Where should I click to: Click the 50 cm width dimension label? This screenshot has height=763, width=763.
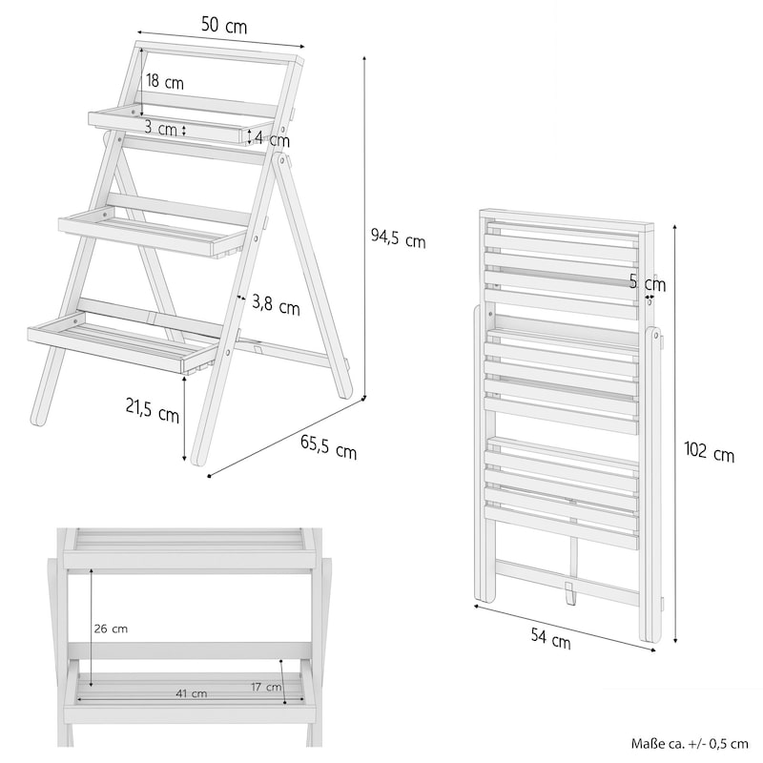point(224,26)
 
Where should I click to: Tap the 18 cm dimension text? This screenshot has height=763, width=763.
point(165,82)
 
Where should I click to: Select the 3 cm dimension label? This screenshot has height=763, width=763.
point(160,129)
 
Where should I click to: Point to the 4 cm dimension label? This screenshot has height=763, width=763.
point(272,139)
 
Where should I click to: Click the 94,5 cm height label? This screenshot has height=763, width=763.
point(398,238)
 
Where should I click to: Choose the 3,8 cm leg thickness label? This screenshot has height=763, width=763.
point(276,305)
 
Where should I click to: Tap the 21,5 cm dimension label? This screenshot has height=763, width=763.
point(153,411)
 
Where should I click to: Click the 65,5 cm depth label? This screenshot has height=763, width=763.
point(328,447)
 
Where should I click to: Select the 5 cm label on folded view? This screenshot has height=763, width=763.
point(648,282)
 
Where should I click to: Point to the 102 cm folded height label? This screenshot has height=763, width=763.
point(709,451)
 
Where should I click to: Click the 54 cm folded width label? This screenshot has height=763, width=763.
point(551,638)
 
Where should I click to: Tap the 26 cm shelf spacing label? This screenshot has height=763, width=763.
point(111,629)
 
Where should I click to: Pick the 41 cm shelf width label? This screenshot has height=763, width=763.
point(192,693)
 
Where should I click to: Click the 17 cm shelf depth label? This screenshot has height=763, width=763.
point(266,687)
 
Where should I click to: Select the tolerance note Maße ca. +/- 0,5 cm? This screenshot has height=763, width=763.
point(690,744)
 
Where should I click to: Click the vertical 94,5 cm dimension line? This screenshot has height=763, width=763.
point(364,228)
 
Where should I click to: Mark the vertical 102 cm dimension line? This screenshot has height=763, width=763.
point(675,434)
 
